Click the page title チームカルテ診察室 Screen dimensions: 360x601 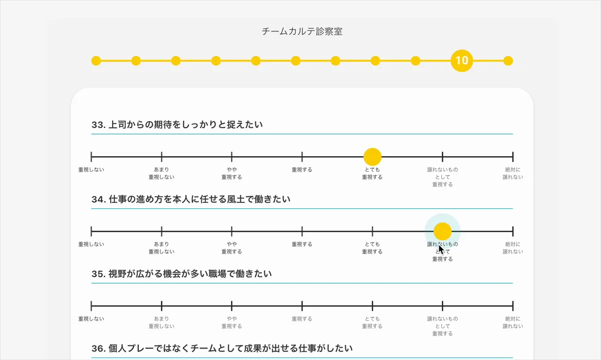(x=302, y=32)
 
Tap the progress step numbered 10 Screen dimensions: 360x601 (x=462, y=61)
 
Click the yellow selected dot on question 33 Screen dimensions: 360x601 (x=372, y=157)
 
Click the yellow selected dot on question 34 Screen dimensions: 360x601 (x=442, y=231)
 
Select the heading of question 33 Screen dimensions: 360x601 (x=177, y=125)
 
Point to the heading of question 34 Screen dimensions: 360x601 (x=191, y=199)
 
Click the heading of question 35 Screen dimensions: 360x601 (x=181, y=274)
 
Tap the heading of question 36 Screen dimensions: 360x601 (x=222, y=348)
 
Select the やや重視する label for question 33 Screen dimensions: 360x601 (x=232, y=173)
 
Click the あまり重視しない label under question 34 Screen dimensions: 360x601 (x=162, y=248)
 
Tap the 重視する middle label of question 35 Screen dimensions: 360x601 (x=302, y=319)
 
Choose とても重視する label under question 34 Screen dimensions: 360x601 (x=372, y=248)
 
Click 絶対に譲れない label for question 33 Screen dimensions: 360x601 (x=513, y=173)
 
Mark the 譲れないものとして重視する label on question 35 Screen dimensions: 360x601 (x=442, y=326)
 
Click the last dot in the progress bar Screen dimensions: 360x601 (x=508, y=61)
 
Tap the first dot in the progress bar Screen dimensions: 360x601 (x=96, y=61)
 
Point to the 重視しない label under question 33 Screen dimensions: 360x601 (x=92, y=170)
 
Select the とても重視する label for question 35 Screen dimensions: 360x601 (x=372, y=322)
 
